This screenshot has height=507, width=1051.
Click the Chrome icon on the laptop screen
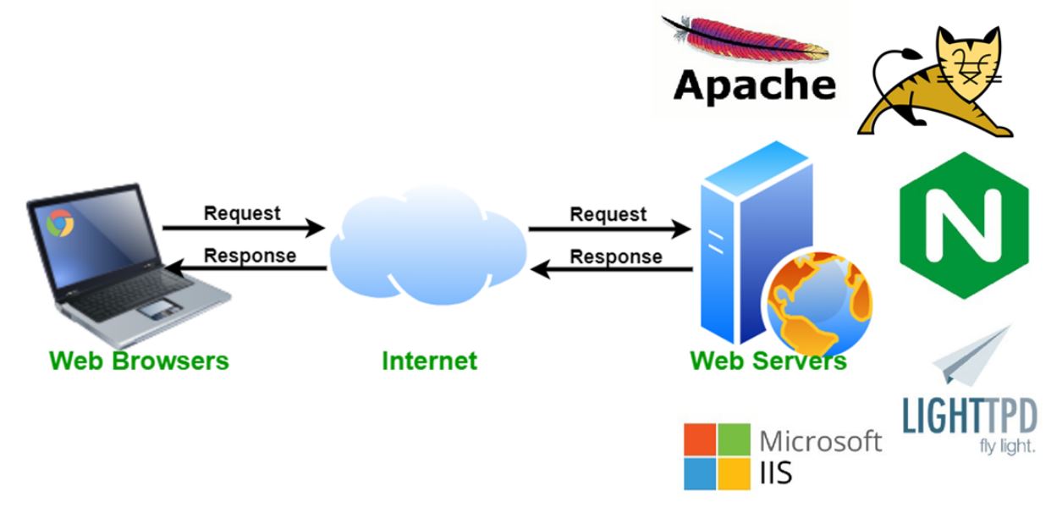[x=60, y=222]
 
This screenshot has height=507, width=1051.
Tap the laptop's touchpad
[x=156, y=310]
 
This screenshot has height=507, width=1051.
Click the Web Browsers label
[x=139, y=361]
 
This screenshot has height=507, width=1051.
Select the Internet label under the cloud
[x=429, y=361]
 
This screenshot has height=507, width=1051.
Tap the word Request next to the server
[x=608, y=214]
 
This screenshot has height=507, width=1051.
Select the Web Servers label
[x=768, y=361]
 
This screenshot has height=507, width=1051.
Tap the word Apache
[x=755, y=85]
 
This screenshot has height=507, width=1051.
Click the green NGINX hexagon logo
[x=963, y=224]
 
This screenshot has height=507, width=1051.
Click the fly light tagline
[x=1007, y=445]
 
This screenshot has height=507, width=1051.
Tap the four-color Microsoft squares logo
[x=717, y=455]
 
